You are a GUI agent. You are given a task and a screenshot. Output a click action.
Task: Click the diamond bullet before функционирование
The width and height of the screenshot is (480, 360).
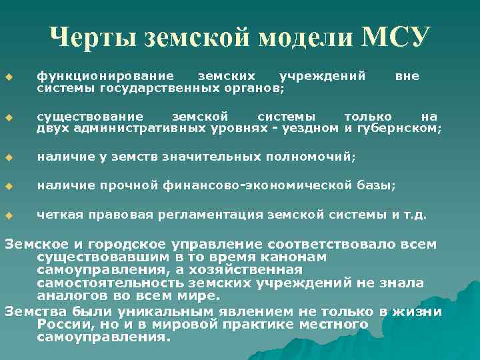point(9,77)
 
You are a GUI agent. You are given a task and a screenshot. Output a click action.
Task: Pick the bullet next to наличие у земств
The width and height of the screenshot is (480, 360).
point(9,158)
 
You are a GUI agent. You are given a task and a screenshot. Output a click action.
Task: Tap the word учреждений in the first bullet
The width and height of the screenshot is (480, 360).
point(322,76)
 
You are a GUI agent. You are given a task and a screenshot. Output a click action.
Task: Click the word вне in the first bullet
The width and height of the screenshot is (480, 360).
point(407,76)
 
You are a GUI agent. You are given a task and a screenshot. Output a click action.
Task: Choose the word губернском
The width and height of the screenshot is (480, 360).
point(402,129)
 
